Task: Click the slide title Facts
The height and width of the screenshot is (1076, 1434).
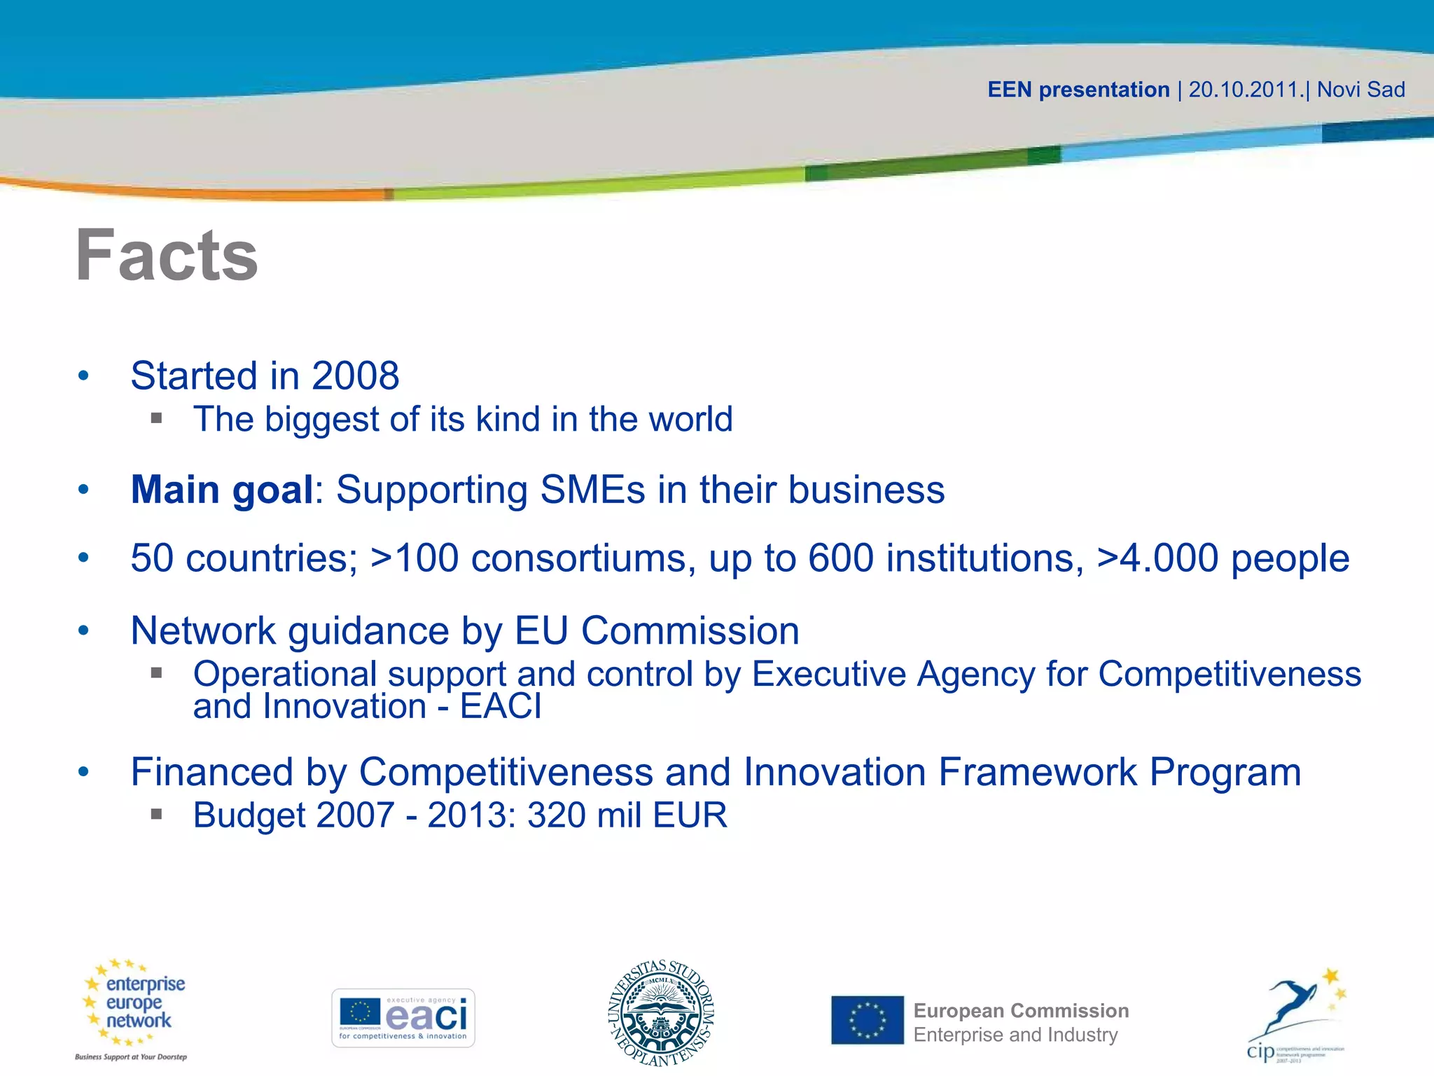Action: pos(167,256)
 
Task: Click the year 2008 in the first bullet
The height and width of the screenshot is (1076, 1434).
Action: pos(355,376)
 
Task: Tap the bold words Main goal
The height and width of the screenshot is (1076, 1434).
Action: pos(222,490)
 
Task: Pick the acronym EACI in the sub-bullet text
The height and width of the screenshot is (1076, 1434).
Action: pos(501,706)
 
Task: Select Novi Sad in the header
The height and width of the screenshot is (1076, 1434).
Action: pos(1360,90)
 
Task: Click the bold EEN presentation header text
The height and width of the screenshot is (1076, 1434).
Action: pos(1078,90)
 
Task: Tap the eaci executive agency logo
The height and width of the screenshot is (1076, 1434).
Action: pos(403,1018)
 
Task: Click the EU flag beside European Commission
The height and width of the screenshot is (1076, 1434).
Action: pos(868,1020)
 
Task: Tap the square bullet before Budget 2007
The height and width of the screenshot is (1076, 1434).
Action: pos(156,814)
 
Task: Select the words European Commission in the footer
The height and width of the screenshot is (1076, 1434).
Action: pos(1021,1011)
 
